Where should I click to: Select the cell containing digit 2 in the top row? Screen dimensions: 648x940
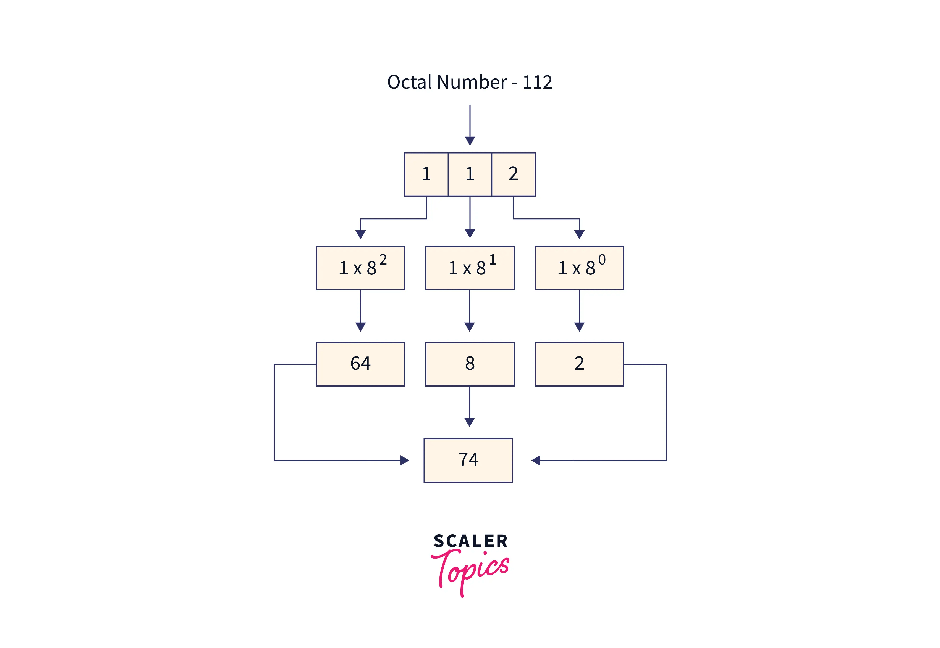(x=513, y=174)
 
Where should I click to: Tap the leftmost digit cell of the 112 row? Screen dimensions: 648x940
(x=426, y=174)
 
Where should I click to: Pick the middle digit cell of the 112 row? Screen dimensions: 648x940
(x=470, y=174)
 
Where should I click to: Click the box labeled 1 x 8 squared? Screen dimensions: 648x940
(x=360, y=268)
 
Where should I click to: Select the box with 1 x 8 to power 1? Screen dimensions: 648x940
(x=470, y=268)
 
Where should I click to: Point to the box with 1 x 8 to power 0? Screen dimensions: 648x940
(x=579, y=268)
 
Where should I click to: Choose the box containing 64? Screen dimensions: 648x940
(x=360, y=364)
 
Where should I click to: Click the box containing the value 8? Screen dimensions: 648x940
(x=470, y=364)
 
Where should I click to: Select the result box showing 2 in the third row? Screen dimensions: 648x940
(x=579, y=364)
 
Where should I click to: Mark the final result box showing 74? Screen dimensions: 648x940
(x=468, y=460)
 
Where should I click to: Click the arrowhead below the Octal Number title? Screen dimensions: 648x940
(x=470, y=141)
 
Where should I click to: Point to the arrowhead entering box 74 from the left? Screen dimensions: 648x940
(x=404, y=460)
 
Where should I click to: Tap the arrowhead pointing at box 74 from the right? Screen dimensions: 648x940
(x=536, y=460)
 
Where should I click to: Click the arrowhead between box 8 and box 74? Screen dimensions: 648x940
(x=469, y=422)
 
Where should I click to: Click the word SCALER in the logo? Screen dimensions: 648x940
(x=471, y=541)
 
